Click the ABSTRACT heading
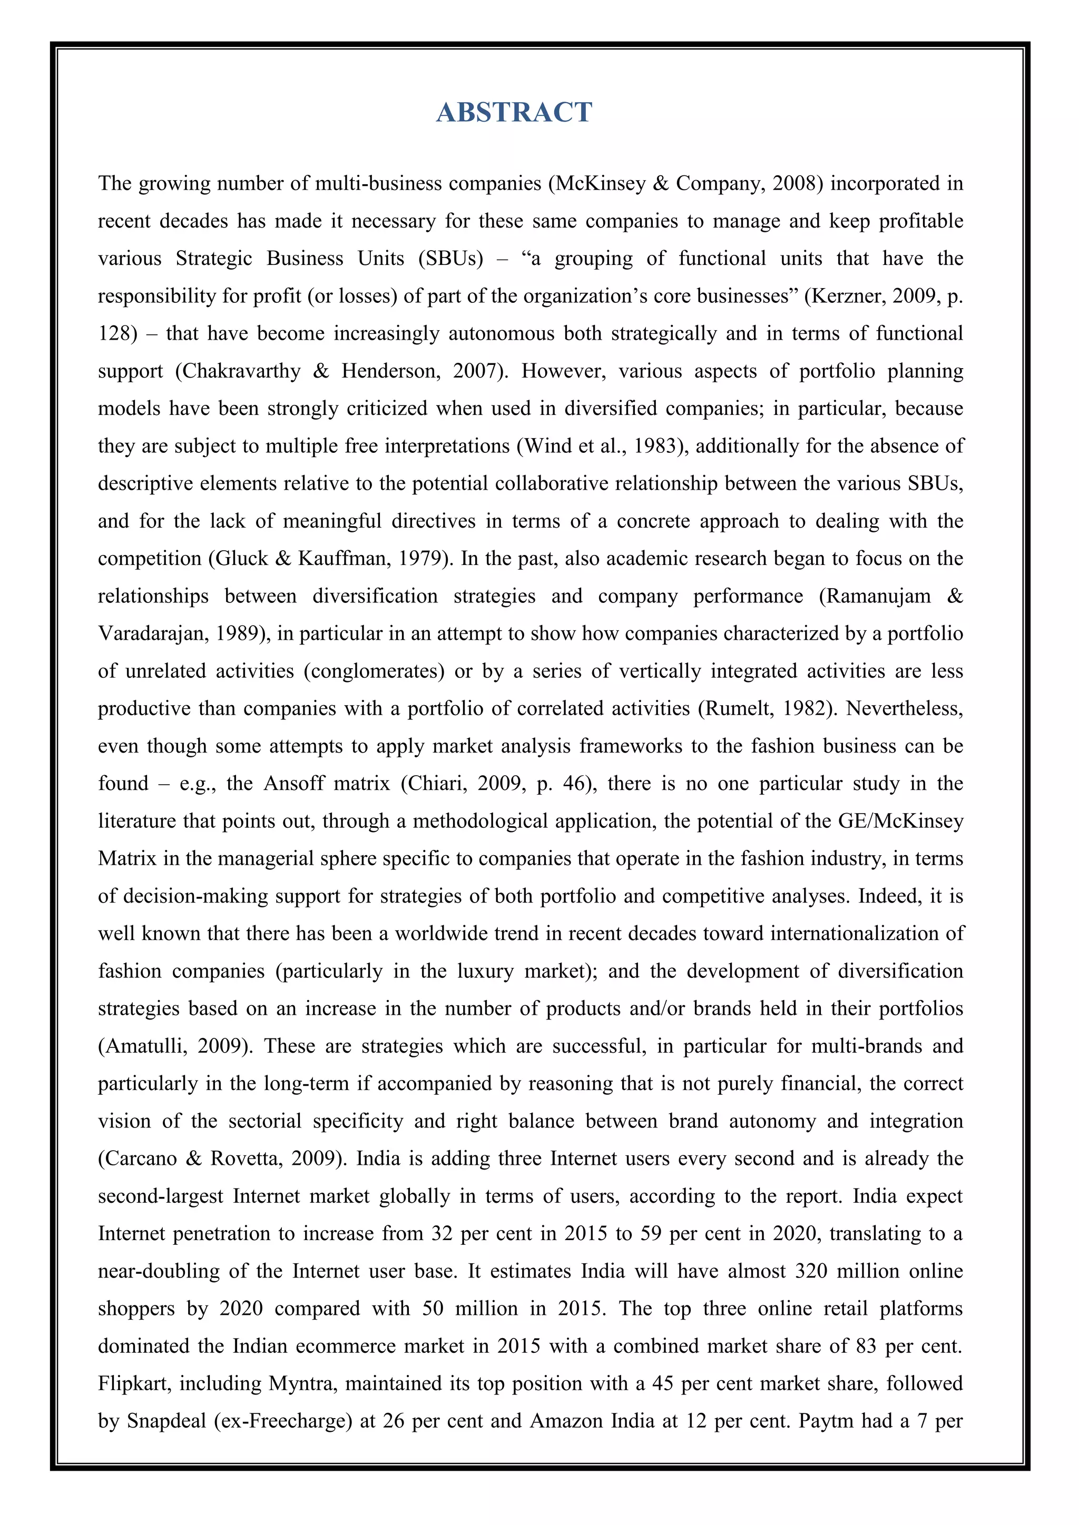point(514,112)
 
